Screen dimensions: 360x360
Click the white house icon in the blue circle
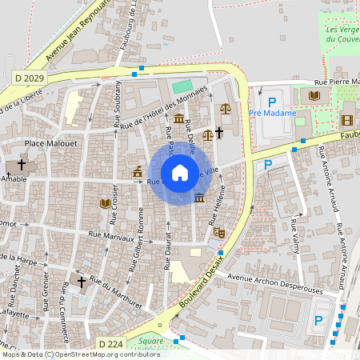pos(180,172)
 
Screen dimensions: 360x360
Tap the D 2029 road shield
pos(29,77)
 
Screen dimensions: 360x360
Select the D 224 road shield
pos(111,343)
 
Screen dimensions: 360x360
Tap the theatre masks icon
pos(218,233)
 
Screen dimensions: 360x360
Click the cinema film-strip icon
pos(346,120)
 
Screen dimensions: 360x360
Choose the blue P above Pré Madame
pos(272,102)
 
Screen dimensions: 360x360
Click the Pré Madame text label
pos(271,114)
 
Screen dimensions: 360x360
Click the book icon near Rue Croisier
pos(105,203)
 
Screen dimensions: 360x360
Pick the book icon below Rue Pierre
pos(314,96)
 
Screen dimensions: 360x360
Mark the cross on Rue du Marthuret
pos(80,281)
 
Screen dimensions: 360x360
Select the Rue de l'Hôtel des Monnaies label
pos(159,109)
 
